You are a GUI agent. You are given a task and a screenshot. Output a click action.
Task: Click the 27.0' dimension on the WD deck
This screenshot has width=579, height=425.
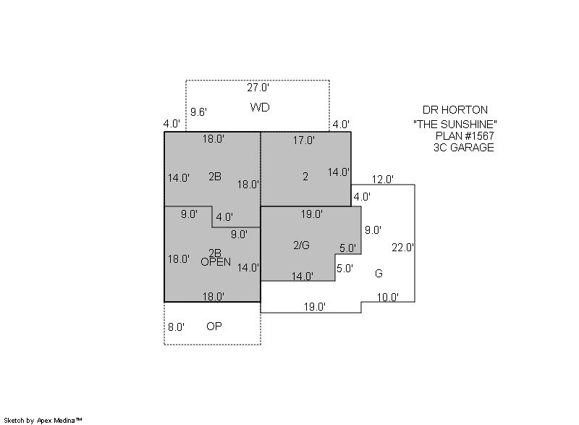(x=258, y=88)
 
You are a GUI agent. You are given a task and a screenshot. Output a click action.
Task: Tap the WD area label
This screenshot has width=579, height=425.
(x=260, y=107)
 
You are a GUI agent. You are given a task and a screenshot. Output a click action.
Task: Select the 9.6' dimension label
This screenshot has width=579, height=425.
(x=198, y=112)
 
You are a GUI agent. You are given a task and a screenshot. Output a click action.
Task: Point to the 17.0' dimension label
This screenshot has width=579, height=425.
(x=304, y=140)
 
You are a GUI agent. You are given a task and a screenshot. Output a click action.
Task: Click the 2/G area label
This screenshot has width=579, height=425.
(x=301, y=245)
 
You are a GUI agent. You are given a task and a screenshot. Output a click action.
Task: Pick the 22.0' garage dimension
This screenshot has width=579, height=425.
(x=402, y=248)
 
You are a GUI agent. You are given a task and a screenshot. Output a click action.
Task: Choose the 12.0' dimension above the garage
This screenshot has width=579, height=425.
(x=383, y=180)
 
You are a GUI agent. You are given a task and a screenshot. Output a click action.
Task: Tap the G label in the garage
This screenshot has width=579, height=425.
(x=379, y=274)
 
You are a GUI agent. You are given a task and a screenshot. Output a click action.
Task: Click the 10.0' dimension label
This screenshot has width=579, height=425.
(x=388, y=298)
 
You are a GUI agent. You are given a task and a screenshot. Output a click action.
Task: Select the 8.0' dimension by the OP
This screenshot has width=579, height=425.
(x=176, y=327)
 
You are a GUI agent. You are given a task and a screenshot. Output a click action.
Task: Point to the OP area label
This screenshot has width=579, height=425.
(x=214, y=327)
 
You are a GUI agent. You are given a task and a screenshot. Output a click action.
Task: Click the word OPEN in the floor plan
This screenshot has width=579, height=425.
(x=216, y=262)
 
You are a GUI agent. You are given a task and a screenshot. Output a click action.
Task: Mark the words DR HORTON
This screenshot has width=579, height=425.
(x=455, y=110)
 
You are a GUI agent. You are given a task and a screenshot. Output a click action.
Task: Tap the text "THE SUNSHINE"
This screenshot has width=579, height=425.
(x=455, y=124)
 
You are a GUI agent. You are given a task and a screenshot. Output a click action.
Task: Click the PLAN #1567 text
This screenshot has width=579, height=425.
(x=465, y=136)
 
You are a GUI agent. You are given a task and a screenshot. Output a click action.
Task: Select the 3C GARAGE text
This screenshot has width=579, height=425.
(x=464, y=148)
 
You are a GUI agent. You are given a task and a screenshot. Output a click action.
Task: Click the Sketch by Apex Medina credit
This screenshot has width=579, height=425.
(x=43, y=420)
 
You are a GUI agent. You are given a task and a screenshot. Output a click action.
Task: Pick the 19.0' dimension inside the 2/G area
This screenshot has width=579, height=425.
(x=312, y=214)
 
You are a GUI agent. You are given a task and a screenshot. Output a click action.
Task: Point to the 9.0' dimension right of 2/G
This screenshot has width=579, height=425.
(x=373, y=230)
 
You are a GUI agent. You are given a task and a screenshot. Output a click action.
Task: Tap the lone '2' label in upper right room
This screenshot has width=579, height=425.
(x=305, y=177)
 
